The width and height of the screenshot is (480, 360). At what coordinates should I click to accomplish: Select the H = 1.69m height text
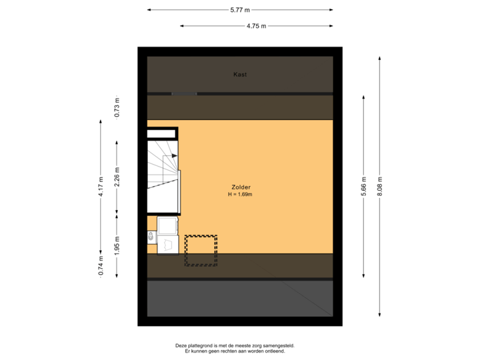click(240, 195)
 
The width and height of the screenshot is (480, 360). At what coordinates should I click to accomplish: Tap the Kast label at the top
click(240, 75)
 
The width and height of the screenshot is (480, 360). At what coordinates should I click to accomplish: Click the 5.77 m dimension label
click(240, 10)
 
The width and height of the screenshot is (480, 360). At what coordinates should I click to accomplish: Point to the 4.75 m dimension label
click(256, 26)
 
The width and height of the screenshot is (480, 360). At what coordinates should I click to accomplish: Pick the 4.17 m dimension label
click(101, 187)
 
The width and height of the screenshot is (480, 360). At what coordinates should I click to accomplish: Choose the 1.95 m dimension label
click(117, 246)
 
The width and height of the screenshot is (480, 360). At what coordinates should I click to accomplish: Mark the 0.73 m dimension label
click(117, 107)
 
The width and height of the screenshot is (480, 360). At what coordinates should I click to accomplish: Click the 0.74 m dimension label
click(101, 265)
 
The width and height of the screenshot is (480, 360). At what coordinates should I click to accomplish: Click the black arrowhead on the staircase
click(174, 156)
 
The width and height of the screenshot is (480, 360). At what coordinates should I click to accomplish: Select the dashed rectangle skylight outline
click(201, 251)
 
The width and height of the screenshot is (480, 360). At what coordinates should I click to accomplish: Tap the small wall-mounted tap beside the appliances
click(151, 235)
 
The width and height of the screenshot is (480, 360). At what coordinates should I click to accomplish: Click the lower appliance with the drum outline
click(168, 245)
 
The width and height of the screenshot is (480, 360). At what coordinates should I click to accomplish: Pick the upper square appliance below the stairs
click(168, 225)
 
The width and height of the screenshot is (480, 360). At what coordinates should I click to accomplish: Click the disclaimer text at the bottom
click(235, 348)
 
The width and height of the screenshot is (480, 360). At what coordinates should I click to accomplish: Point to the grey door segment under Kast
click(184, 93)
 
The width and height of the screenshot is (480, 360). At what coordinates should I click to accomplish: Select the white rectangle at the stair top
click(162, 134)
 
